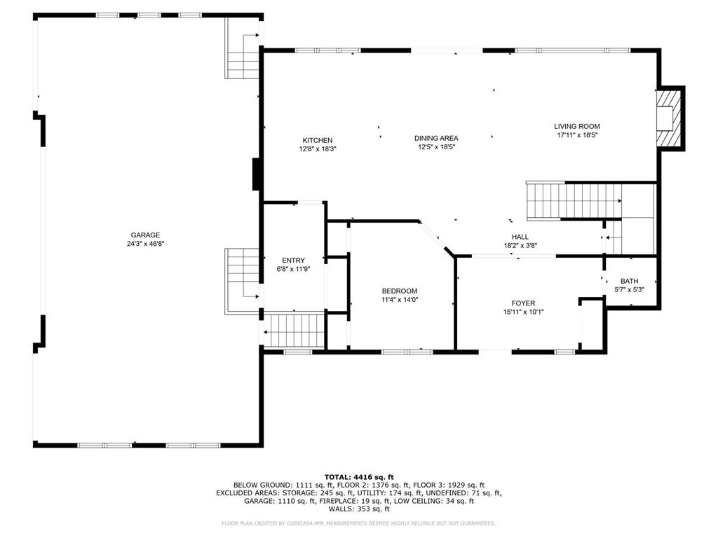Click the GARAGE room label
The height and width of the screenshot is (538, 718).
coord(145,235)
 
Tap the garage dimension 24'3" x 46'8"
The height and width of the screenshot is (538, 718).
coord(145,244)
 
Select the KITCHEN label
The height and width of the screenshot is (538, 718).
coord(318,140)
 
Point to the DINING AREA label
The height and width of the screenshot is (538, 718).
coord(436,139)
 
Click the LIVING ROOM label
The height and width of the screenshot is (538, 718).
coord(578,127)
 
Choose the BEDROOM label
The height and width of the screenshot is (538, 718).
coord(400,291)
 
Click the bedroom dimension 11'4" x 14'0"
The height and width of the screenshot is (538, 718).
coord(400,300)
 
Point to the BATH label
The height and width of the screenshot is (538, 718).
coord(629,281)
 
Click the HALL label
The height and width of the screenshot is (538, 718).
coord(520,237)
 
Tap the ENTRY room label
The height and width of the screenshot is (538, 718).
coord(293,261)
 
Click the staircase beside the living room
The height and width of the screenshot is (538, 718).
coord(574,200)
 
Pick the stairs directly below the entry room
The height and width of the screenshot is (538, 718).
coord(294,329)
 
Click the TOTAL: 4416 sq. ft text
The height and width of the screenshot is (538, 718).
coord(358,477)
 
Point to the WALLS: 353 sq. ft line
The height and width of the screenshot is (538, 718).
coord(358,509)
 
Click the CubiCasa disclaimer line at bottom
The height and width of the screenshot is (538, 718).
coord(358,523)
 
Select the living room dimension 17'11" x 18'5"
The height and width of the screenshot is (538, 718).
coord(578,135)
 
